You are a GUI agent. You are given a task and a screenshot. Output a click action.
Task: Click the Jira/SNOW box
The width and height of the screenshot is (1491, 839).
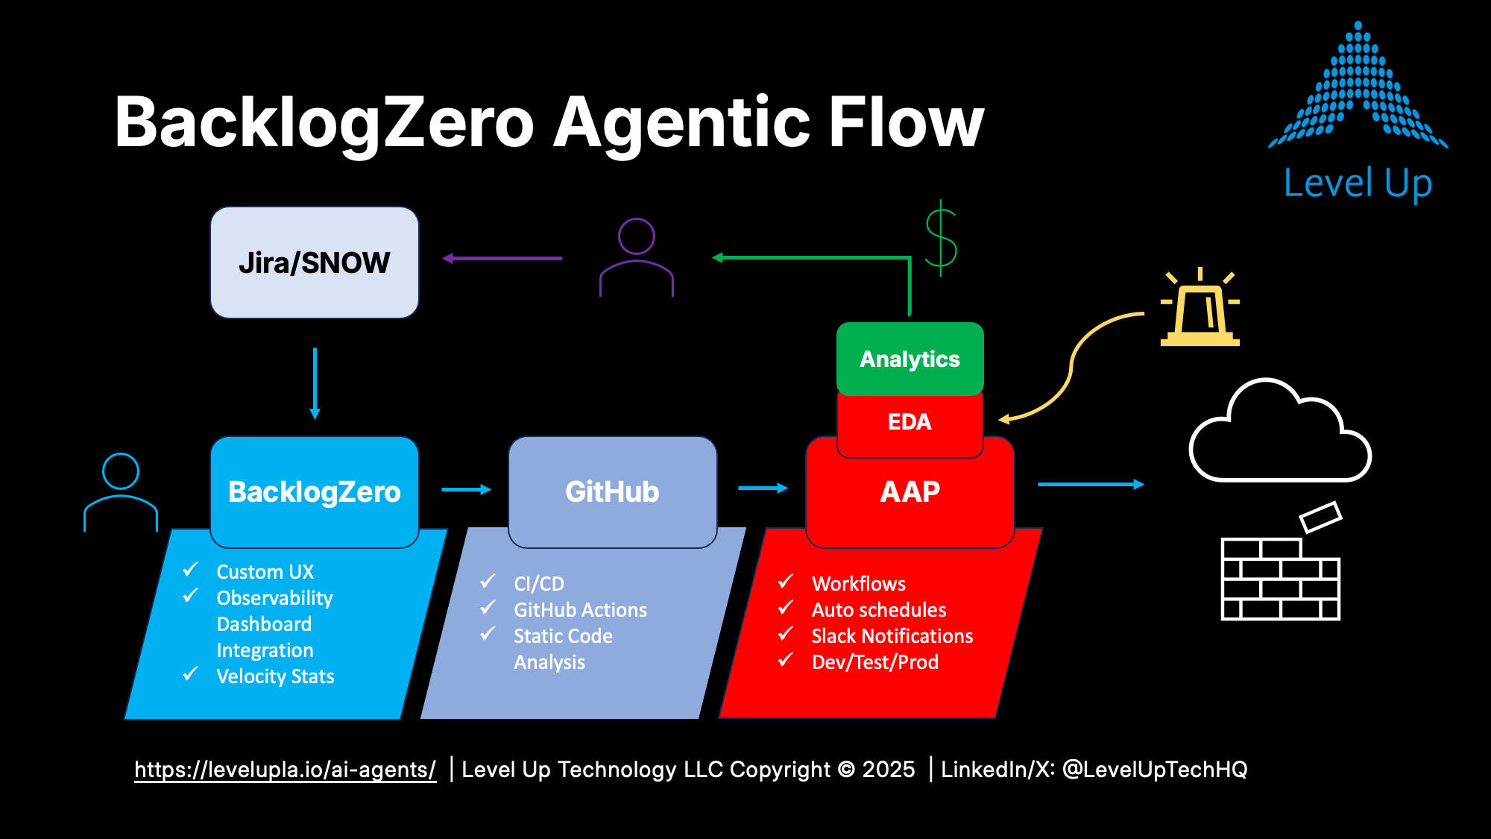pyautogui.click(x=315, y=263)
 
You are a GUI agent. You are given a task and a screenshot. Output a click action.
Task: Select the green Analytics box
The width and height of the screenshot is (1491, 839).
pyautogui.click(x=910, y=359)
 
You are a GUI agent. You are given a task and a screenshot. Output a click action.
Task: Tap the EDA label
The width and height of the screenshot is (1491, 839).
pyautogui.click(x=910, y=422)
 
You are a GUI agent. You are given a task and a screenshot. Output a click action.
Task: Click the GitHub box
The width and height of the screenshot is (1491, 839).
pyautogui.click(x=612, y=492)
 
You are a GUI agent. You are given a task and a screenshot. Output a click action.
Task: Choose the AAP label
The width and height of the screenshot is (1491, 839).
pyautogui.click(x=910, y=492)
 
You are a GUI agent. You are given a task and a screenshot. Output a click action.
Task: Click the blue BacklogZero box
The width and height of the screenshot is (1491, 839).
pyautogui.click(x=315, y=492)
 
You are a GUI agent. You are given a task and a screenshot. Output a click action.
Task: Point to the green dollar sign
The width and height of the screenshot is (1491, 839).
pyautogui.click(x=941, y=238)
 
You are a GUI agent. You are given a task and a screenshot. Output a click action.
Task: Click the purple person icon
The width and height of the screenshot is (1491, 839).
pyautogui.click(x=637, y=257)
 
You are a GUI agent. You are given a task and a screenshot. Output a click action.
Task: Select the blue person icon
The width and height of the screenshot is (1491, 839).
pyautogui.click(x=121, y=492)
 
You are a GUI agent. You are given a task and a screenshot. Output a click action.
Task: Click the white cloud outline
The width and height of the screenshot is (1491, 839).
pyautogui.click(x=1280, y=430)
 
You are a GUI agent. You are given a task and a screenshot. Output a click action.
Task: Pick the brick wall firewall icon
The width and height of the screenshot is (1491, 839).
pyautogui.click(x=1281, y=561)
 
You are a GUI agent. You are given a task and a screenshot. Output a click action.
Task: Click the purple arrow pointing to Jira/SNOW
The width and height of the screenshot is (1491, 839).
pyautogui.click(x=502, y=258)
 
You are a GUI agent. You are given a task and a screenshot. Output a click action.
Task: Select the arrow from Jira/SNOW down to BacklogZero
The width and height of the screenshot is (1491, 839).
pyautogui.click(x=315, y=383)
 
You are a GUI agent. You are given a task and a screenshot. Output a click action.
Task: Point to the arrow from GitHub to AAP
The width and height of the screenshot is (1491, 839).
pyautogui.click(x=763, y=488)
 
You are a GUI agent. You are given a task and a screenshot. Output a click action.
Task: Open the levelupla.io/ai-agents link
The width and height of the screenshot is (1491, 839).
pyautogui.click(x=285, y=770)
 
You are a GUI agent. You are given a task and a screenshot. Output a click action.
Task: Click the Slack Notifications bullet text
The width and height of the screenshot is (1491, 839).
pyautogui.click(x=892, y=636)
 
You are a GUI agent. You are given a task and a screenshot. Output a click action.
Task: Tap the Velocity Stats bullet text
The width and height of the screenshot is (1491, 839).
pyautogui.click(x=275, y=676)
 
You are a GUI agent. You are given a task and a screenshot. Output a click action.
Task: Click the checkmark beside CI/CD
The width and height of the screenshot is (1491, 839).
pyautogui.click(x=488, y=581)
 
